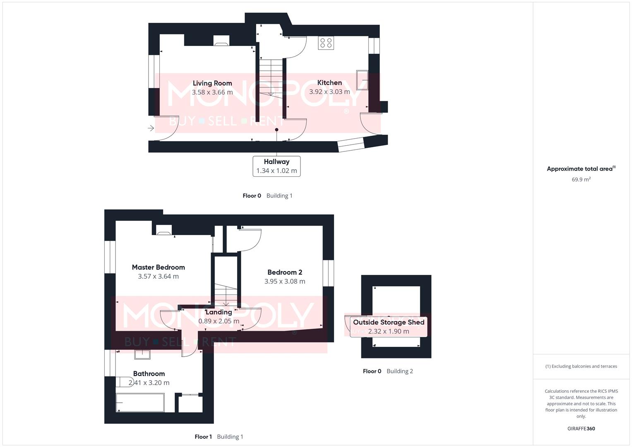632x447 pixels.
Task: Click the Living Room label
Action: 212,83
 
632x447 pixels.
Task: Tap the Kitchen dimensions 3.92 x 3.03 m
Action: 329,92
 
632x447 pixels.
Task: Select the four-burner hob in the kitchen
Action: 326,43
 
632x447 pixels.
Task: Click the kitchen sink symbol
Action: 362,80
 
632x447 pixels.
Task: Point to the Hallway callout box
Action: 276,166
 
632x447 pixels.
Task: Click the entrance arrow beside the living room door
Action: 151,128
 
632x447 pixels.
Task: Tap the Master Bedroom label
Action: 158,267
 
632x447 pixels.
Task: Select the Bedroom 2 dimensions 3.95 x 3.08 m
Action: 285,281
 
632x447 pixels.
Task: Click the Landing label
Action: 219,312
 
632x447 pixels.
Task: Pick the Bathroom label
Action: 149,374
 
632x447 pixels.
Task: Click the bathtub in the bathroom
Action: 140,403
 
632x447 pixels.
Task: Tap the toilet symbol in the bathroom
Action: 123,382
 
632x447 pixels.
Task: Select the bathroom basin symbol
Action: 142,354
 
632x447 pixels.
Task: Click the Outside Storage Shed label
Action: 389,322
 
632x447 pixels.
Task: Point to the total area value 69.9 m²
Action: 581,180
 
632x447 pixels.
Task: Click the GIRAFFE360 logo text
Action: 581,429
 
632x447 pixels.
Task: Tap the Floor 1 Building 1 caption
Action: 219,437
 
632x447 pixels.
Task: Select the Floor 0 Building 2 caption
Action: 388,371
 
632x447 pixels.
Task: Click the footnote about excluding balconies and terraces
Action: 581,366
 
